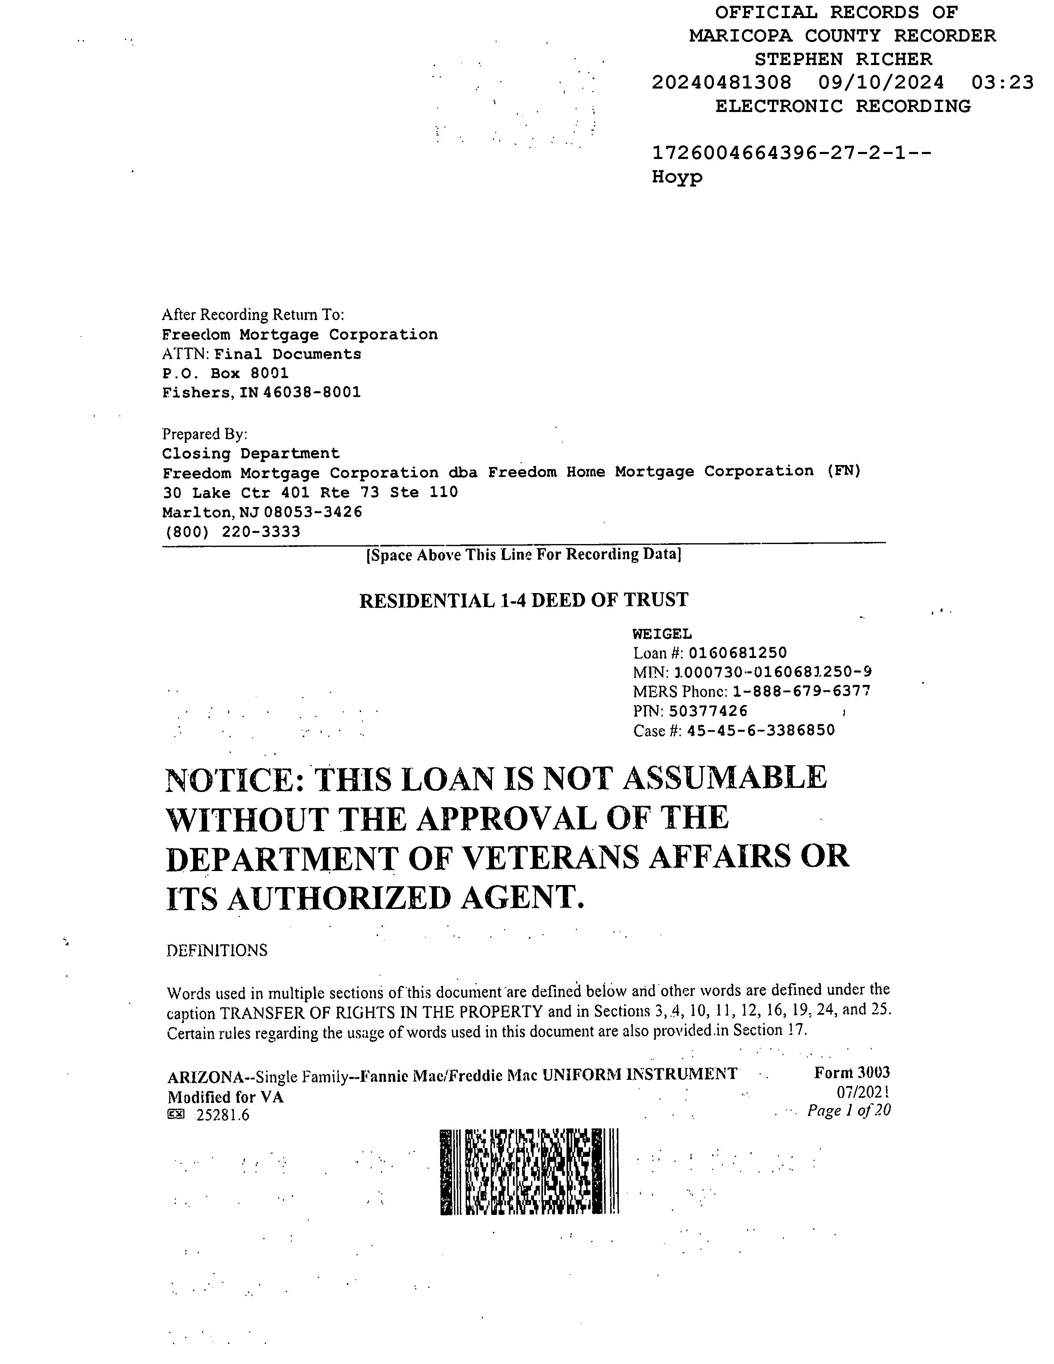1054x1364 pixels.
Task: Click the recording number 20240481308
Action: tap(721, 82)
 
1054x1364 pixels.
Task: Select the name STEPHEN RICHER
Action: tap(843, 59)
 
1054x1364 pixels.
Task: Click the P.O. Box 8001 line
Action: tap(225, 374)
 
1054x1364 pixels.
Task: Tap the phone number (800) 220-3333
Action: tap(232, 532)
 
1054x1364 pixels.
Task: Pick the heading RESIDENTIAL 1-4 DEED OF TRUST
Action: tap(523, 600)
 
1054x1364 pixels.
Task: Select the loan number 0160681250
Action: tap(737, 653)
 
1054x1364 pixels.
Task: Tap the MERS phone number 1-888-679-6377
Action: tap(801, 691)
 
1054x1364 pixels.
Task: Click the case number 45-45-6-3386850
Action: tap(760, 731)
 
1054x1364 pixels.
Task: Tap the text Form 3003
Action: tap(852, 1072)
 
